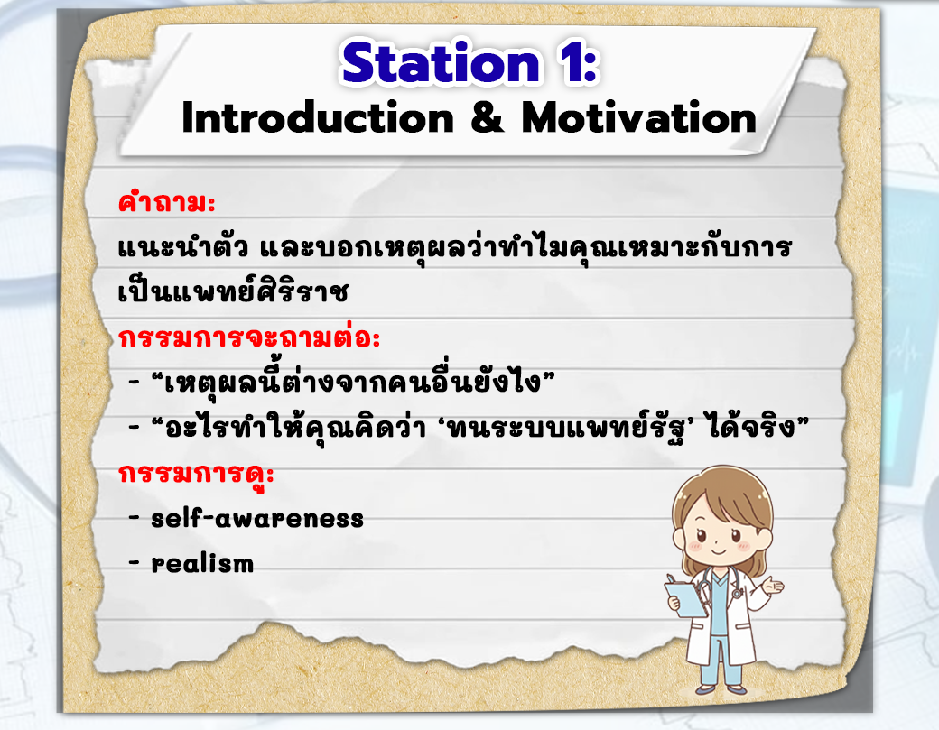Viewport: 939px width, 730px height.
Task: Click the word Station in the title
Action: click(x=441, y=63)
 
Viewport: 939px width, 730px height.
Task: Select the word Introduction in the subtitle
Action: click(x=318, y=118)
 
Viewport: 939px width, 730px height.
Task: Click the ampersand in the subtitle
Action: click(x=488, y=118)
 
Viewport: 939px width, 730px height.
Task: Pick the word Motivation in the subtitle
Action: click(x=639, y=118)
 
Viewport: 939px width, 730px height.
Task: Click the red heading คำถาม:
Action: click(x=166, y=202)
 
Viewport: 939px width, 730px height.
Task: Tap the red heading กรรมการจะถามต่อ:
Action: click(x=249, y=337)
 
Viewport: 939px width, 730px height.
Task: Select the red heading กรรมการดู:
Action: click(x=197, y=474)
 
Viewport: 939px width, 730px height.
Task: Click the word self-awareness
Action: click(x=257, y=518)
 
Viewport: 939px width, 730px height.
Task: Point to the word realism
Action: click(x=202, y=563)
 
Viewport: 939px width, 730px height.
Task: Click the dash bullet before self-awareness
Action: click(x=135, y=519)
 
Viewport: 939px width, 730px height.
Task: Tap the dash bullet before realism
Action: click(x=135, y=563)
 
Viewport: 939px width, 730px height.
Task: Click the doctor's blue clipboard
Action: click(x=685, y=597)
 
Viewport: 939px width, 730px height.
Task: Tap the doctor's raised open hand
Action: click(x=772, y=586)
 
